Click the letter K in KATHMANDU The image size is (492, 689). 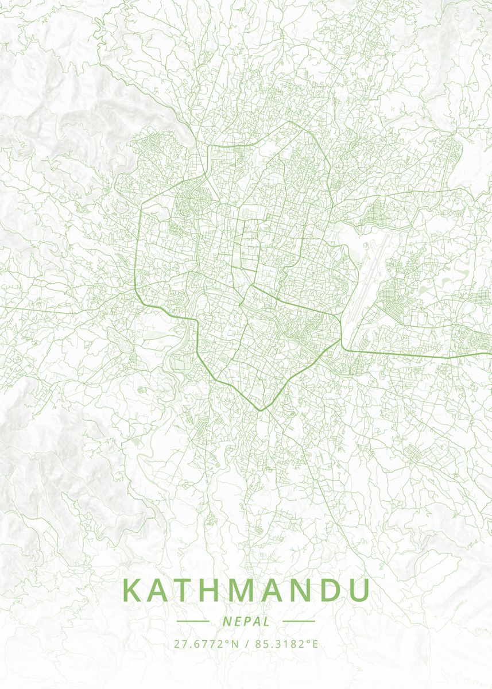(x=133, y=591)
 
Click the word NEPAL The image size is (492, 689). (x=246, y=621)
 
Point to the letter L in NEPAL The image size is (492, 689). (x=267, y=621)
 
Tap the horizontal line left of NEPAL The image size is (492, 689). (x=193, y=621)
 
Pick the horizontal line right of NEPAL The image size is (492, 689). (x=299, y=621)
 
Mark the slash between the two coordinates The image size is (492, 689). (x=246, y=644)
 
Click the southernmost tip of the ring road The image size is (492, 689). (x=259, y=411)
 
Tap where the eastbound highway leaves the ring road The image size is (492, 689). (x=343, y=348)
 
